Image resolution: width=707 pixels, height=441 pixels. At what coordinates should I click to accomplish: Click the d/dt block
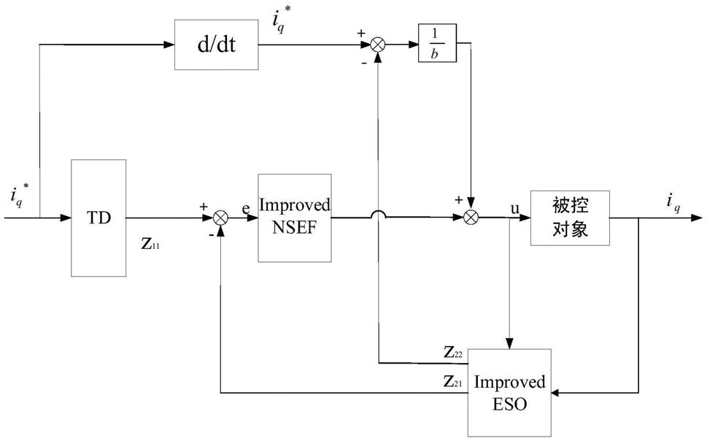point(217,45)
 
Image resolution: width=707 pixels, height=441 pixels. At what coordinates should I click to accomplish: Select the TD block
point(98,218)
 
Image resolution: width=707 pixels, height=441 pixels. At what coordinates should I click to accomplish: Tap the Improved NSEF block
point(295,218)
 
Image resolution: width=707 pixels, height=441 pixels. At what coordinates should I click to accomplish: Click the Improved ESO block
point(509,393)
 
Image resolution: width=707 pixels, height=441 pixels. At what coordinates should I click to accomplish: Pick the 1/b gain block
point(437,43)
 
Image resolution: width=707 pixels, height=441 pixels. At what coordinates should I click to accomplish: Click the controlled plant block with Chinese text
point(570,218)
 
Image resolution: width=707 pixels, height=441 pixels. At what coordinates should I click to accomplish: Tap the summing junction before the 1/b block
point(378,45)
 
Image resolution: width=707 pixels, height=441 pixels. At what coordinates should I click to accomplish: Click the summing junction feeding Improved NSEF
point(220,218)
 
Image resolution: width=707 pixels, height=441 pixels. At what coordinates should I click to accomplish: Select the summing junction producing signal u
point(471,218)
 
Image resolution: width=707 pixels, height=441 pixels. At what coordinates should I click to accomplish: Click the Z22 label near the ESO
point(453,352)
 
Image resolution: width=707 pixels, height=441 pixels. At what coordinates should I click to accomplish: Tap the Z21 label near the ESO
point(453,382)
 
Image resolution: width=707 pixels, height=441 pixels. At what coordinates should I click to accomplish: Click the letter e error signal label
point(246,209)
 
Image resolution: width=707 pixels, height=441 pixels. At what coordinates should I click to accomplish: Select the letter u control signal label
point(514,208)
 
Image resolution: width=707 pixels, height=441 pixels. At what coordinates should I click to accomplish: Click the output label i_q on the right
point(673,202)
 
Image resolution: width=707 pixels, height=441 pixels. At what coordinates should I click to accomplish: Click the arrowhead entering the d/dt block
point(169,45)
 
